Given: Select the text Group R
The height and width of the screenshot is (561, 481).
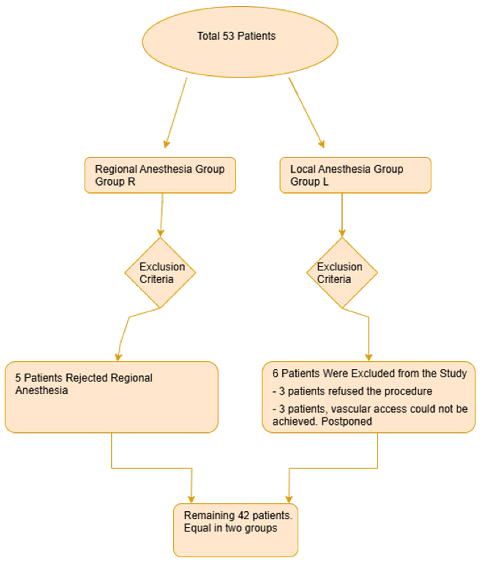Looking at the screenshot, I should (x=115, y=181).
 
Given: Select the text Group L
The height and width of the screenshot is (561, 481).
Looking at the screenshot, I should (x=309, y=181).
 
